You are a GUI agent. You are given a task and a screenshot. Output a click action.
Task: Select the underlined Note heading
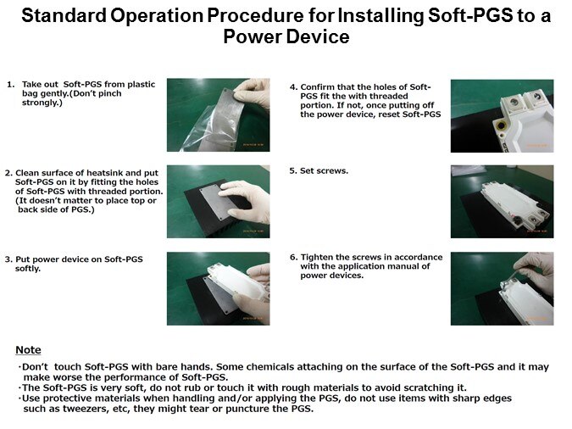(x=28, y=350)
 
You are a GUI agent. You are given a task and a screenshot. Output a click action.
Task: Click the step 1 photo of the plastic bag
(x=218, y=114)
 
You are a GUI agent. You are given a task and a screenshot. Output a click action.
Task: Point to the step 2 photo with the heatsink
(x=218, y=202)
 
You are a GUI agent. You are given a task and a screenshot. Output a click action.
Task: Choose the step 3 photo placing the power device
(x=218, y=288)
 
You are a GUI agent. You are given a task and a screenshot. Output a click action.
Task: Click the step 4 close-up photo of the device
(x=502, y=116)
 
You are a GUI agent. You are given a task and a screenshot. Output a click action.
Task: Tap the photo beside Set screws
(x=502, y=202)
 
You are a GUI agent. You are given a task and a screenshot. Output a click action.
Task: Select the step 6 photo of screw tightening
(x=502, y=288)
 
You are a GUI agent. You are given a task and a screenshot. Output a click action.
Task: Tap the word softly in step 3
(x=28, y=269)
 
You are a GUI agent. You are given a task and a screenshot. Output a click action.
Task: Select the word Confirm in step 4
(x=318, y=86)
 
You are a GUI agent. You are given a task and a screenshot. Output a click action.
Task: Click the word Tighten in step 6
(x=317, y=258)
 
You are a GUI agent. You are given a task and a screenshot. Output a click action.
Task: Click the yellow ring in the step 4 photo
(x=502, y=126)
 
